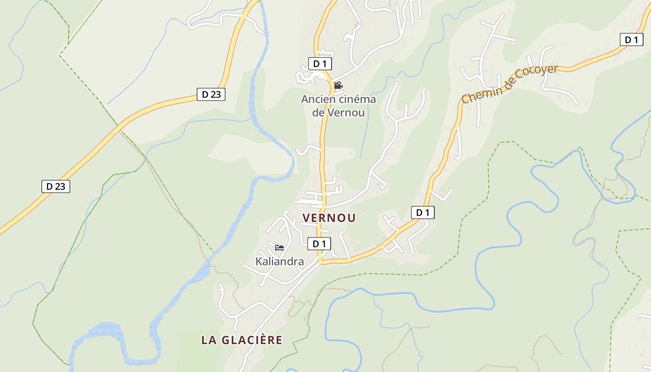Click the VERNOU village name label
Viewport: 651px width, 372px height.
329,218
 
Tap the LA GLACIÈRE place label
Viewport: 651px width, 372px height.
241,340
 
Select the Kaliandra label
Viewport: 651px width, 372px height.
279,261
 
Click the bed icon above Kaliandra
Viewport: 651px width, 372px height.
279,247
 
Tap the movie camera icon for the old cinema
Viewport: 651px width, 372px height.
338,86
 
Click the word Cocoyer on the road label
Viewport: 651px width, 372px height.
535,76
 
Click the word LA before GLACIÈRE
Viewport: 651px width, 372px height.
207,340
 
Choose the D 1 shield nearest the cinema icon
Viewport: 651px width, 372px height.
319,64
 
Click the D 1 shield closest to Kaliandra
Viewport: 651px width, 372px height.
319,244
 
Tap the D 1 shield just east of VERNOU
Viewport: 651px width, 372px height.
422,213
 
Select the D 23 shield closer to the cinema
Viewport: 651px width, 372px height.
211,94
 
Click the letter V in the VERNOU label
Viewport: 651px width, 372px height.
306,218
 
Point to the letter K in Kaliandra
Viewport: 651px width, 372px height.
259,261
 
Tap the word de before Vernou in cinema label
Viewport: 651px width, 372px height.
319,113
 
